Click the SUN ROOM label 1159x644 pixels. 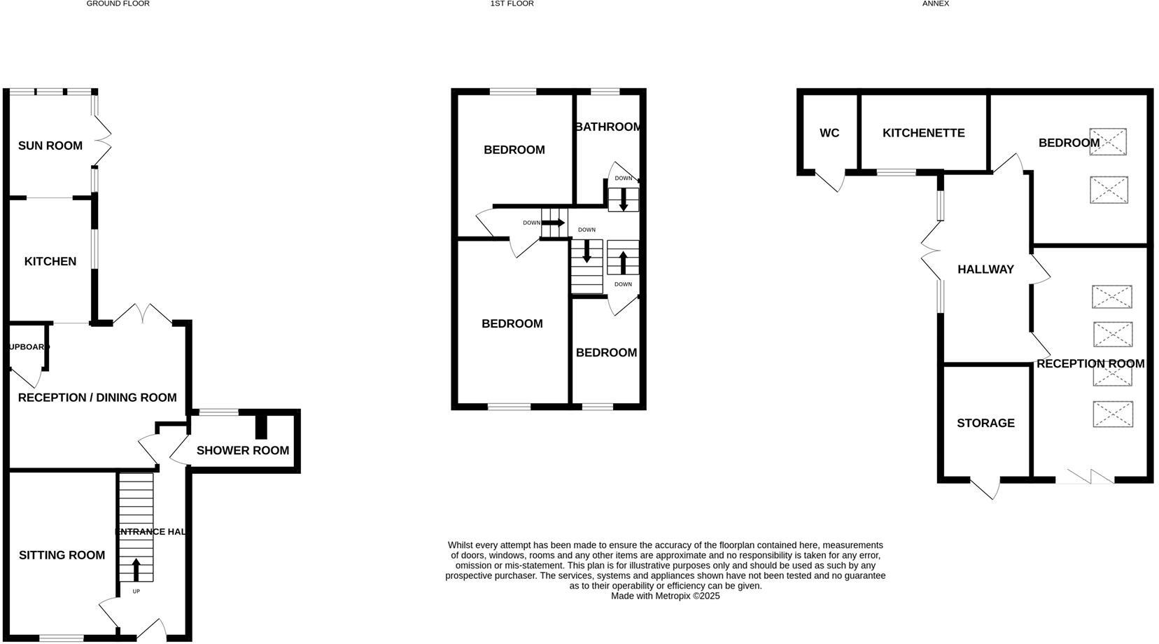(50, 146)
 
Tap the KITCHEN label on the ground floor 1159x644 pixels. (50, 261)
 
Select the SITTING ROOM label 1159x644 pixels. (62, 555)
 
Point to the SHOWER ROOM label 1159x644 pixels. (242, 450)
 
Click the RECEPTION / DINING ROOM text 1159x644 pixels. (97, 398)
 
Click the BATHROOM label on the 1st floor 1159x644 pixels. (607, 127)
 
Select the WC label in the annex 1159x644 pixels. (829, 133)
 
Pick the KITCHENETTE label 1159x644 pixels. (923, 133)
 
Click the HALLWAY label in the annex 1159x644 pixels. (985, 269)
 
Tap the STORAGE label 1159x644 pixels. (985, 423)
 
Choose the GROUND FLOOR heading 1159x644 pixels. (118, 3)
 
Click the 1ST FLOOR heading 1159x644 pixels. (512, 3)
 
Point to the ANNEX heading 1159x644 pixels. (935, 3)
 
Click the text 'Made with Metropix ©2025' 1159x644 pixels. (665, 596)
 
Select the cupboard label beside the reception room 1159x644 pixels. (28, 346)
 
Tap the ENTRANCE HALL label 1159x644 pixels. (150, 532)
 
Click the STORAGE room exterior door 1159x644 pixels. (985, 488)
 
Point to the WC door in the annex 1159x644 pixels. (830, 180)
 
